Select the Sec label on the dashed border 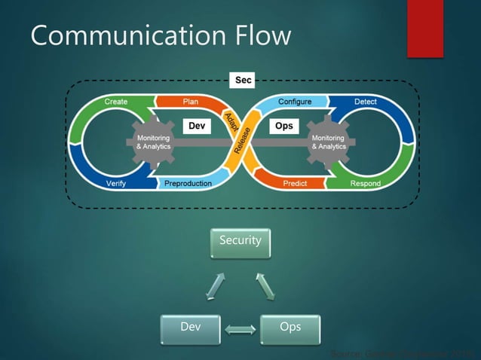[244, 79]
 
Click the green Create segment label [115, 101]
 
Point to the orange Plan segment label [190, 101]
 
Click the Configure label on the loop [295, 101]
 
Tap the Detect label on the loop [366, 101]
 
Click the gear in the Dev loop [153, 142]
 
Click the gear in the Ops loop [328, 142]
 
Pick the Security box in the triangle [240, 241]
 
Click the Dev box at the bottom [190, 328]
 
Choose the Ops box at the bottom [290, 328]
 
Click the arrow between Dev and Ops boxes [240, 329]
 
